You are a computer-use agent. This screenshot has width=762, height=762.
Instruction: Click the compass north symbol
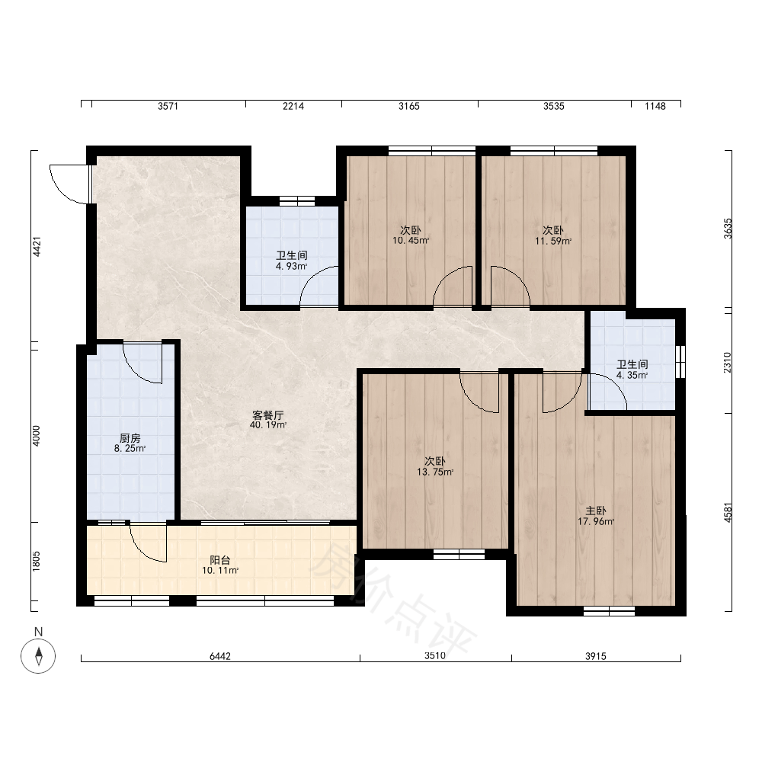tap(38, 655)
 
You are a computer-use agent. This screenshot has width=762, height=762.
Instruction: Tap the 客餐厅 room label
tap(267, 415)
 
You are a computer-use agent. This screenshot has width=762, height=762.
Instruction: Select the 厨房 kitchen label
tap(130, 438)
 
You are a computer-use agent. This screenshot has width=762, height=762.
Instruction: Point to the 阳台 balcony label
tap(219, 560)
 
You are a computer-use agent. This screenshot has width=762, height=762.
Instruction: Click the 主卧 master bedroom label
tap(595, 511)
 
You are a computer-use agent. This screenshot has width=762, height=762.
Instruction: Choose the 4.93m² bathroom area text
tap(291, 266)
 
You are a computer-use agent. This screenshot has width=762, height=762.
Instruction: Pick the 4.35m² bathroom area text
tap(632, 375)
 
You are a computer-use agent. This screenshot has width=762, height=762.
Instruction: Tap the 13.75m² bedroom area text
tap(435, 472)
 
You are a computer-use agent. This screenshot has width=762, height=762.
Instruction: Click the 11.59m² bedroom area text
tap(553, 241)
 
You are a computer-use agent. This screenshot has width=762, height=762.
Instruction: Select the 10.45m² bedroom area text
tap(411, 240)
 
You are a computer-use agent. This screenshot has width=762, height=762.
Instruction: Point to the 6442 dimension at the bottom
tap(220, 656)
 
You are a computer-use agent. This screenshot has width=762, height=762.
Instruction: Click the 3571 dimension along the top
tap(168, 106)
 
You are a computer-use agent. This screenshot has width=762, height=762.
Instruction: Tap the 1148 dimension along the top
tap(655, 106)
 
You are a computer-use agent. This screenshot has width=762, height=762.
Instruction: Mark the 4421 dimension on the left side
tap(37, 246)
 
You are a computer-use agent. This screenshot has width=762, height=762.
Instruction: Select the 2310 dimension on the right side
tap(727, 363)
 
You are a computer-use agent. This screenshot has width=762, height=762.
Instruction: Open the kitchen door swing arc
tap(142, 363)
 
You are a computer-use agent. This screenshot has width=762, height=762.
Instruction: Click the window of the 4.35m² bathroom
tap(680, 361)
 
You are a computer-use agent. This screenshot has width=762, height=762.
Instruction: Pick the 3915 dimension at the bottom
tap(596, 656)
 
